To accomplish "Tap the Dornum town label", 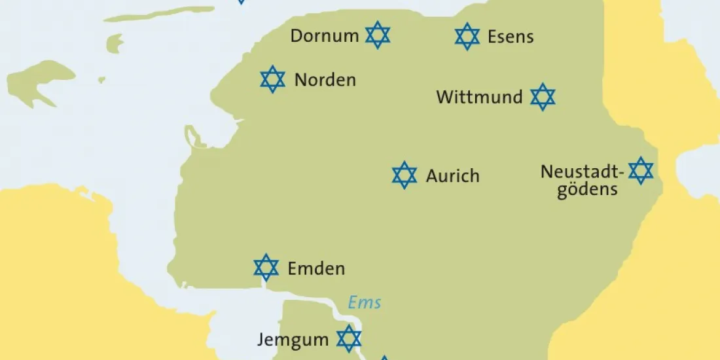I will point(325,35).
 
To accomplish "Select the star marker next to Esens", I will point(467,36).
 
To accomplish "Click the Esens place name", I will point(511,37).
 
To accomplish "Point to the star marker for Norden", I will point(272,79).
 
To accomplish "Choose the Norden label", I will point(325,80).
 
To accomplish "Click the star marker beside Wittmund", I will point(542,97).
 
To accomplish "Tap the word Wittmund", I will point(480,98).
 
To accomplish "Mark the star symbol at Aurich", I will point(405,175).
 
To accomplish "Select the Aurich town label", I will point(453,176).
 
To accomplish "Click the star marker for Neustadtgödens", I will point(641,170).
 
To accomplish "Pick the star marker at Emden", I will point(266,267).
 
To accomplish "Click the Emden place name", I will point(316,268).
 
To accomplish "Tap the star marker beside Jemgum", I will point(349,338).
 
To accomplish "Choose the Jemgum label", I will point(292,340).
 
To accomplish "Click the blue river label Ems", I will point(365,302).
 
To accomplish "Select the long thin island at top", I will point(160,14).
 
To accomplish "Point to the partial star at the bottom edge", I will point(385,357).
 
